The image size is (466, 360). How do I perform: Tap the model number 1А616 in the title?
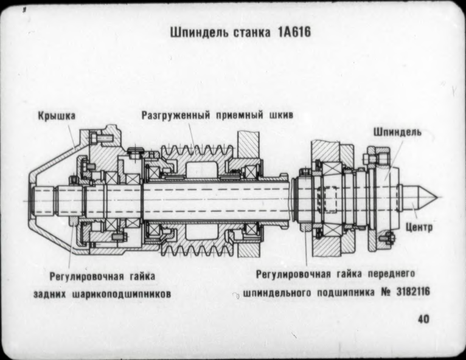289,33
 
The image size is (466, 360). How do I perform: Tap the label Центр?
419,228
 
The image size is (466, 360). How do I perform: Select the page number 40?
423,319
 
